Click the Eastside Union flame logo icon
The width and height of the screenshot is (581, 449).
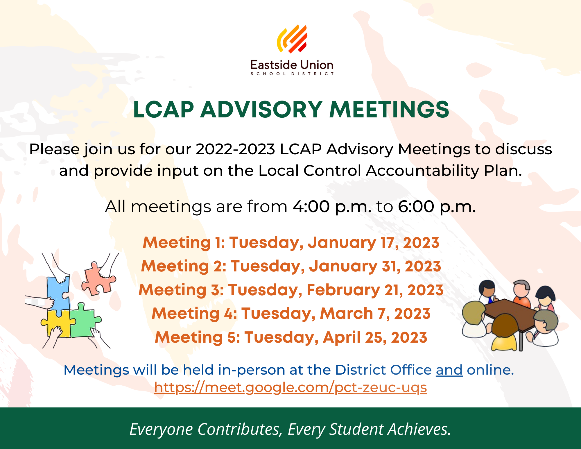click(x=292, y=39)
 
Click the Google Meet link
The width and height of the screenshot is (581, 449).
click(x=290, y=388)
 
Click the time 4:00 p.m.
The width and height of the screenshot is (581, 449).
click(x=332, y=207)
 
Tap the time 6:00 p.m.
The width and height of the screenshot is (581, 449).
click(x=437, y=207)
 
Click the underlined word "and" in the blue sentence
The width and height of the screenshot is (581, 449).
click(x=449, y=370)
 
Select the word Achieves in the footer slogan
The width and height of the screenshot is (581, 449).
click(x=419, y=429)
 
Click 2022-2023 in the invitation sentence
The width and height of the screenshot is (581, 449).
click(x=235, y=149)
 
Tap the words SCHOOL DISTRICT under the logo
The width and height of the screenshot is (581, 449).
click(x=292, y=74)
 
